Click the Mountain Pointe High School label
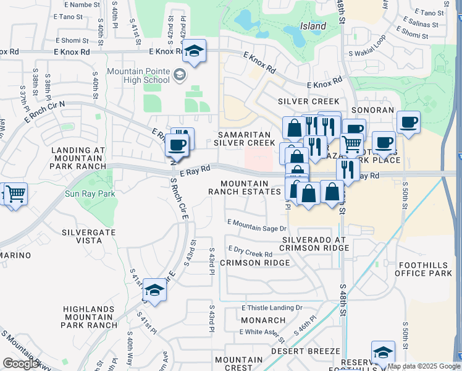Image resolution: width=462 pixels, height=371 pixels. coord(138,75)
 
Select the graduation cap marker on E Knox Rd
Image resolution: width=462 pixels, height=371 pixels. coord(194,53)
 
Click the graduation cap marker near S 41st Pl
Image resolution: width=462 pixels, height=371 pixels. coord(154,290)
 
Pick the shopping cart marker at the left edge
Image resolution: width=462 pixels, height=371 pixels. coord(15,194)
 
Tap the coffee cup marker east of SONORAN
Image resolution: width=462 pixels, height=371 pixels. coord(408,122)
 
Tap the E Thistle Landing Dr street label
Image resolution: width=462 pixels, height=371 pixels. coord(272,307)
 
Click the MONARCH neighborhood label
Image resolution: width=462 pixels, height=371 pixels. coord(263,320)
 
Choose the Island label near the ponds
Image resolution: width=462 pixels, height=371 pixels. coord(313,27)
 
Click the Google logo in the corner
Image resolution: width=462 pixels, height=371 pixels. coord(21,363)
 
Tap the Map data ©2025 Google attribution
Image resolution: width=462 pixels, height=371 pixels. coord(424,366)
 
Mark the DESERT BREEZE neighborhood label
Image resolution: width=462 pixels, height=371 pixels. coord(311,350)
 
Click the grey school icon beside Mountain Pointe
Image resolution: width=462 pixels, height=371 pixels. coord(179,75)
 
